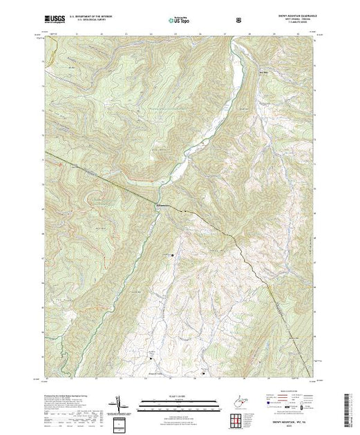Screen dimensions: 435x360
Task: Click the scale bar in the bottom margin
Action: pyautogui.click(x=173, y=400)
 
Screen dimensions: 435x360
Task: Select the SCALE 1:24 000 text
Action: pyautogui.click(x=173, y=395)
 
